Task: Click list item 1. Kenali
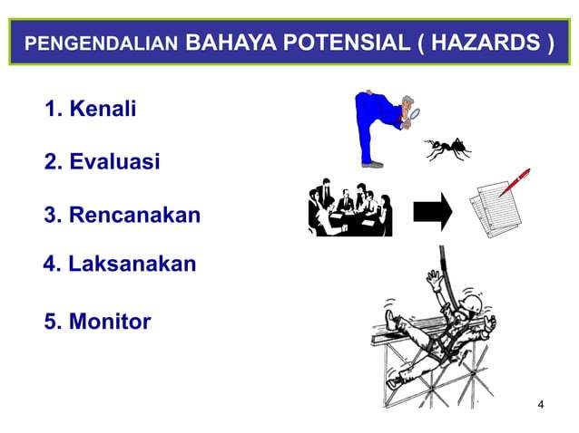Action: point(91,111)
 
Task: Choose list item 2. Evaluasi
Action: point(103,162)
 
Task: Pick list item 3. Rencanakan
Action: point(123,216)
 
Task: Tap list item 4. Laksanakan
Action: point(120,265)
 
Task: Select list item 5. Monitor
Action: point(98,321)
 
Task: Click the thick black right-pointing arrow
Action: point(432,211)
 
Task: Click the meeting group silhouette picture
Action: point(349,209)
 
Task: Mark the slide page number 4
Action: point(542,403)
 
